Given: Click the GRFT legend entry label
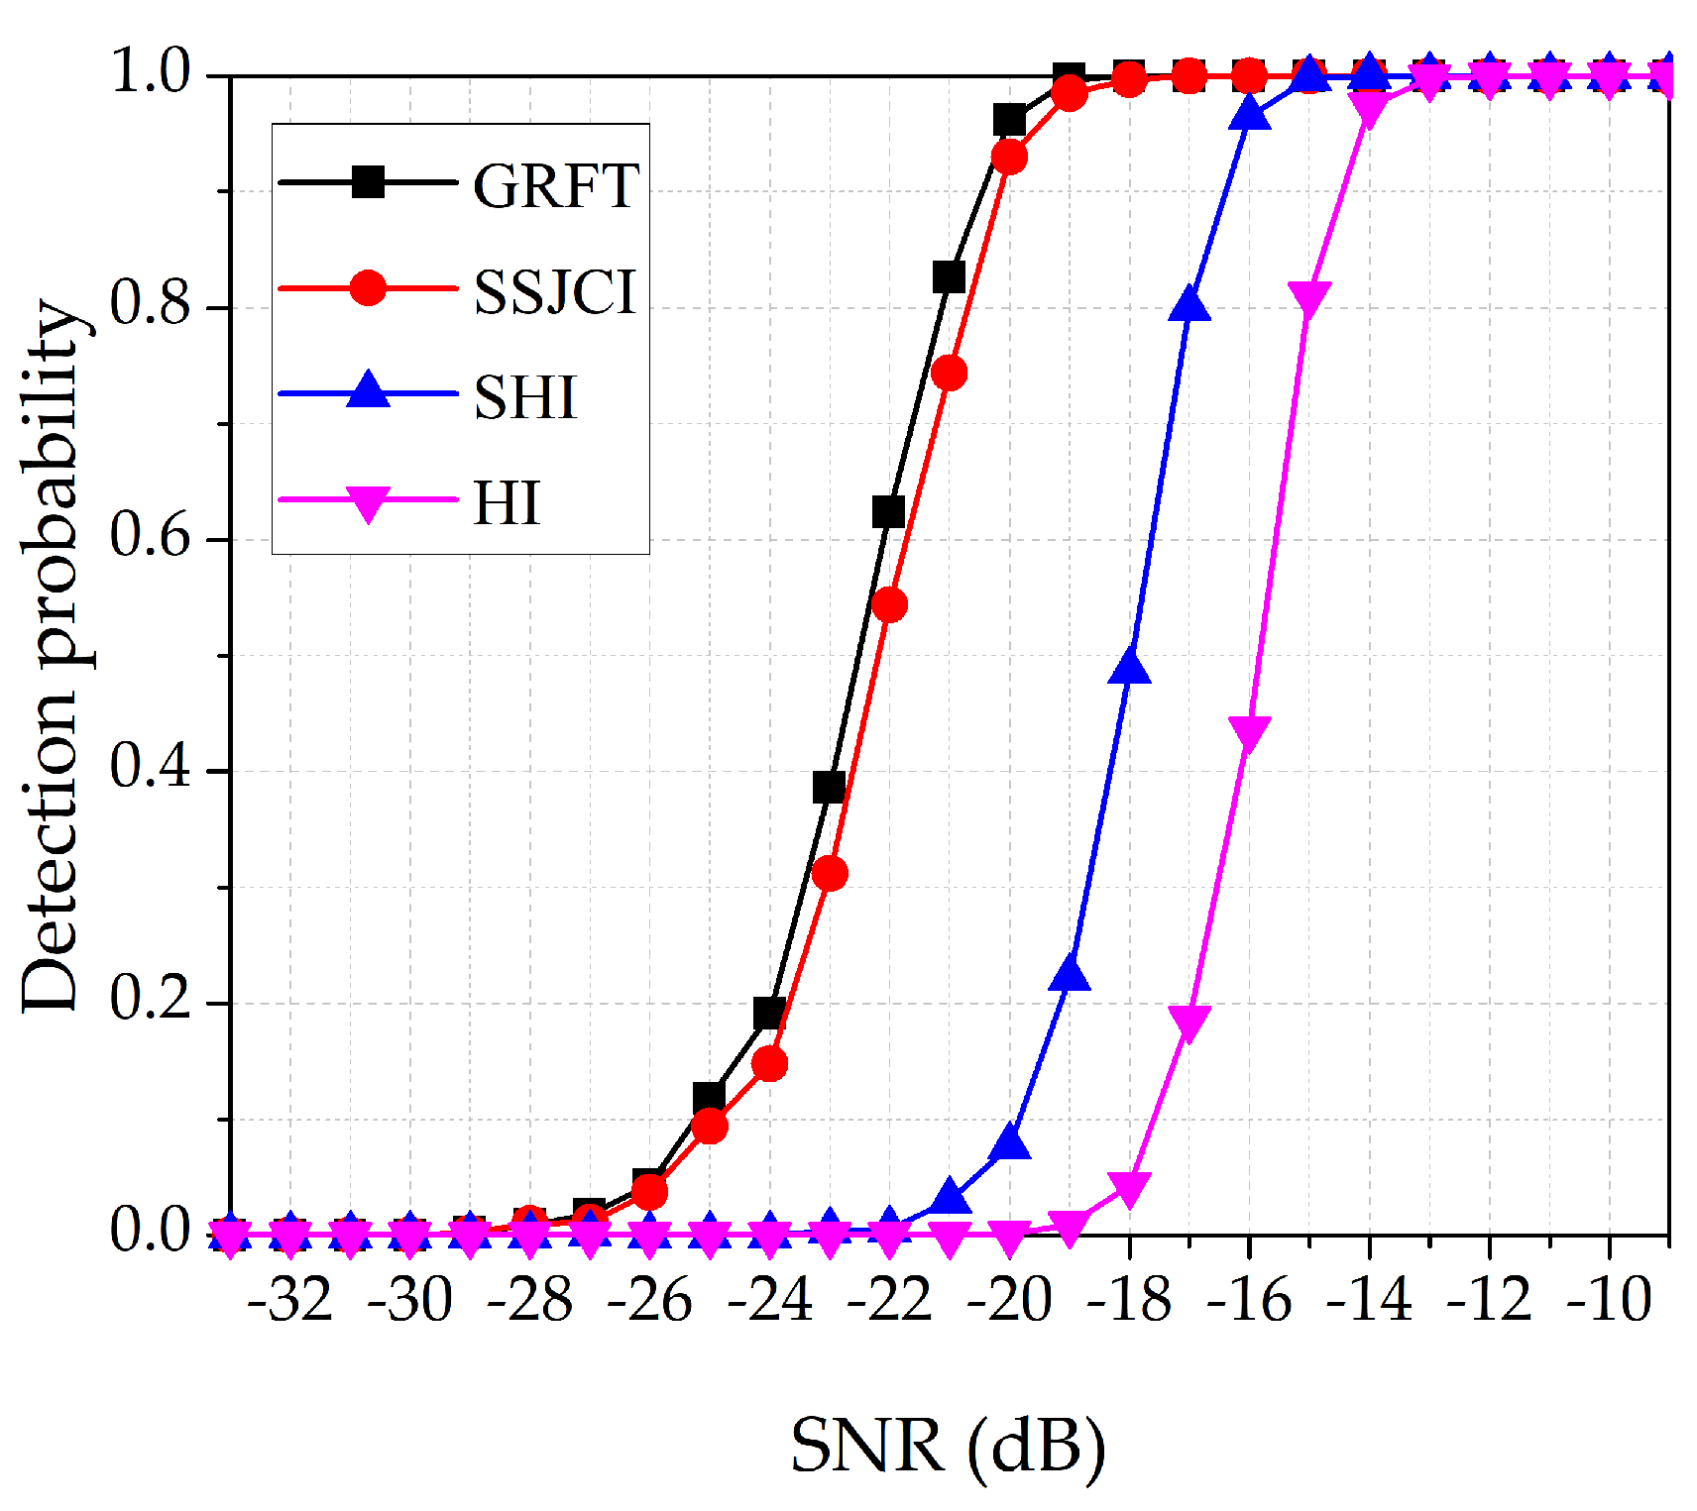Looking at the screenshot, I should tap(555, 185).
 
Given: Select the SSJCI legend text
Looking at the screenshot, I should tap(555, 291).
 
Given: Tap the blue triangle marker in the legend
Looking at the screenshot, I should tap(369, 389).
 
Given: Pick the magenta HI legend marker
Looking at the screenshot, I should tap(369, 502).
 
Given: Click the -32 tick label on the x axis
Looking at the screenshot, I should tap(290, 1299).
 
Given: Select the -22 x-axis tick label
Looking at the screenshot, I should tap(889, 1299).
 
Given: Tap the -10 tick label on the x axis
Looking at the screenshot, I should tap(1609, 1299).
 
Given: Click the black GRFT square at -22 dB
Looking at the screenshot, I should tap(889, 512).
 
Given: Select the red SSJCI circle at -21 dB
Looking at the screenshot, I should tap(950, 374).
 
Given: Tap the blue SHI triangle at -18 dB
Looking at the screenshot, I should tap(1130, 668).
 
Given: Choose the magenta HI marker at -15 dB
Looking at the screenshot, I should tap(1309, 298).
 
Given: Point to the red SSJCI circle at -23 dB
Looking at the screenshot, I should tap(830, 874).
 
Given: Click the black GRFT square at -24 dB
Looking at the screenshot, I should tap(769, 1014).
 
